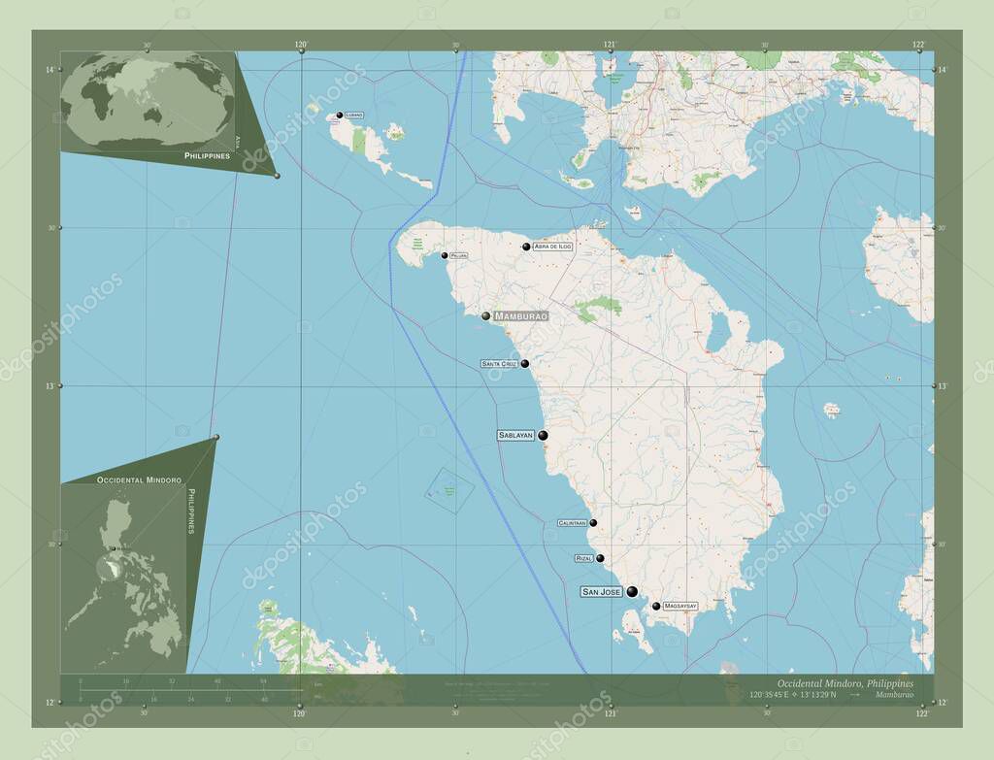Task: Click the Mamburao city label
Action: (521, 316)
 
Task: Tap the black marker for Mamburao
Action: (485, 315)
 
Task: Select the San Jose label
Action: (601, 591)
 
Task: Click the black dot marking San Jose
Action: (632, 591)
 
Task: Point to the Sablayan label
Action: (516, 436)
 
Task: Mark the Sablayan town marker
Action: (544, 436)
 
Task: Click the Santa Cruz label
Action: (499, 364)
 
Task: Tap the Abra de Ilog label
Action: (552, 247)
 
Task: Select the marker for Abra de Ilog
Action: (526, 247)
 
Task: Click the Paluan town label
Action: (458, 256)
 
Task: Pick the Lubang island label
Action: (354, 115)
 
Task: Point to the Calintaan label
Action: (572, 523)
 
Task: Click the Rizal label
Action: (583, 559)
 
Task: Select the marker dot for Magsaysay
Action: (656, 607)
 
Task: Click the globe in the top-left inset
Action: (148, 102)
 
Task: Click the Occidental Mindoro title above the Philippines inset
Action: (125, 480)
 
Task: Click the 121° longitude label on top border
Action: (611, 44)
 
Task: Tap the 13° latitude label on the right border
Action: (940, 386)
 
